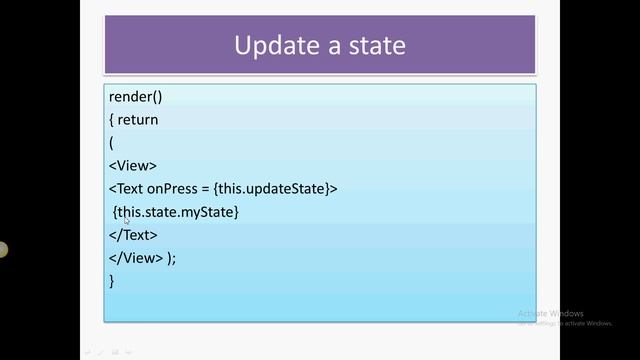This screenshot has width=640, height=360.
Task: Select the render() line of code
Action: click(x=135, y=97)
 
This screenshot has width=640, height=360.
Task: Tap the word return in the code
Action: click(x=138, y=120)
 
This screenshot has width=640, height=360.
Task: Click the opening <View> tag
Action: click(x=133, y=166)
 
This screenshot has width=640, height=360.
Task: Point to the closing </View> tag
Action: click(x=136, y=258)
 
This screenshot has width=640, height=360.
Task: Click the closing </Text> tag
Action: click(x=133, y=235)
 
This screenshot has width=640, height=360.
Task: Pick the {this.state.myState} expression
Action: click(x=176, y=212)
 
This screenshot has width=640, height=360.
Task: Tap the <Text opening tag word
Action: click(x=126, y=189)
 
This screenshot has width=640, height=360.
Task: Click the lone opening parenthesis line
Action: click(x=111, y=143)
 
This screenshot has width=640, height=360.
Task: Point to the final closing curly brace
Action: click(x=111, y=281)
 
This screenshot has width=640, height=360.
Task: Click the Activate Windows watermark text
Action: click(x=551, y=313)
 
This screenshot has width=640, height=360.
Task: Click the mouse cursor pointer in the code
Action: click(x=127, y=220)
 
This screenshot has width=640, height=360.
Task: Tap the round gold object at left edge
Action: click(x=3, y=250)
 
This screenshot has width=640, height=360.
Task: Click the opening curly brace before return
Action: click(x=111, y=120)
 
